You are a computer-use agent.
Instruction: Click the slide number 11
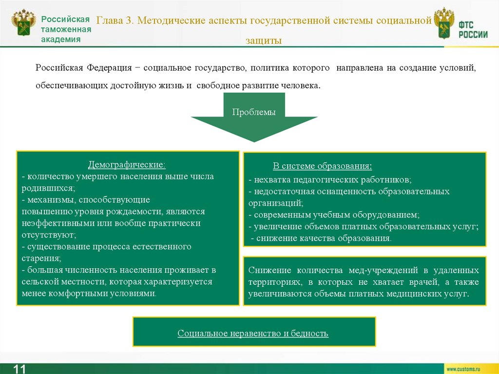19,368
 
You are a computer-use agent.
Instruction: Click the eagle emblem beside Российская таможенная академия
23,23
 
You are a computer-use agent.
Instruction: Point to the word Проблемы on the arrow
254,112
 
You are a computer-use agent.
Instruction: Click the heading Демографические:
127,165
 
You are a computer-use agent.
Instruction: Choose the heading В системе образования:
322,166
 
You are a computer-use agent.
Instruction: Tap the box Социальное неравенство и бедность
253,334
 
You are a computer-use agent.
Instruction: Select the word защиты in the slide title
264,41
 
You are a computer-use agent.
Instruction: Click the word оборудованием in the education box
387,215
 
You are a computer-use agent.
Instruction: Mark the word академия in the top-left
61,39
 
